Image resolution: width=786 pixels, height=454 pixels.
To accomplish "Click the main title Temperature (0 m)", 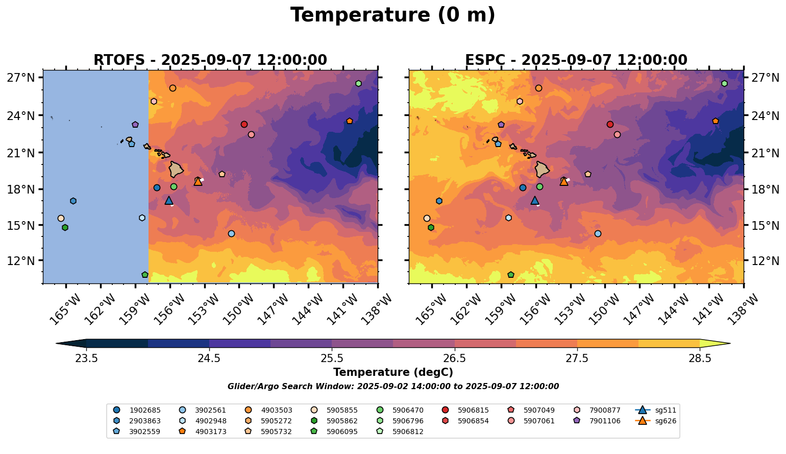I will (x=392, y=15).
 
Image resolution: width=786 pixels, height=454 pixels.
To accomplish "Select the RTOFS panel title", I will (x=210, y=60).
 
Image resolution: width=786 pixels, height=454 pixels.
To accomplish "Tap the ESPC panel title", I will (x=576, y=60).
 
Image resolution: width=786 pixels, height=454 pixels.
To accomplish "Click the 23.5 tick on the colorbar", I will (x=86, y=358).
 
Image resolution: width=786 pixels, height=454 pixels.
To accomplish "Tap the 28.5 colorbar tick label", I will (x=700, y=358).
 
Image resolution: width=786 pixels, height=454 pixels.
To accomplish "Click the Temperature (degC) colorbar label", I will (x=392, y=372).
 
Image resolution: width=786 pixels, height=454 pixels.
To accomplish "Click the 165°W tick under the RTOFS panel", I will (x=63, y=307).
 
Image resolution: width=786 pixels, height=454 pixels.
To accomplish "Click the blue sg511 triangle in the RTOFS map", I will (x=169, y=201).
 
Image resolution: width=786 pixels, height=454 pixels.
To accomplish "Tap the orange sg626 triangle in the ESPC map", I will (x=563, y=181).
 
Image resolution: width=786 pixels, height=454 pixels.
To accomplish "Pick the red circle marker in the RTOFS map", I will (x=244, y=124).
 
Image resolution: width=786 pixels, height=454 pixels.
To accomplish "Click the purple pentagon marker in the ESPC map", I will (x=501, y=125).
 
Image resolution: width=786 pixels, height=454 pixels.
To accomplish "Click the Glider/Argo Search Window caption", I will (x=392, y=387).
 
